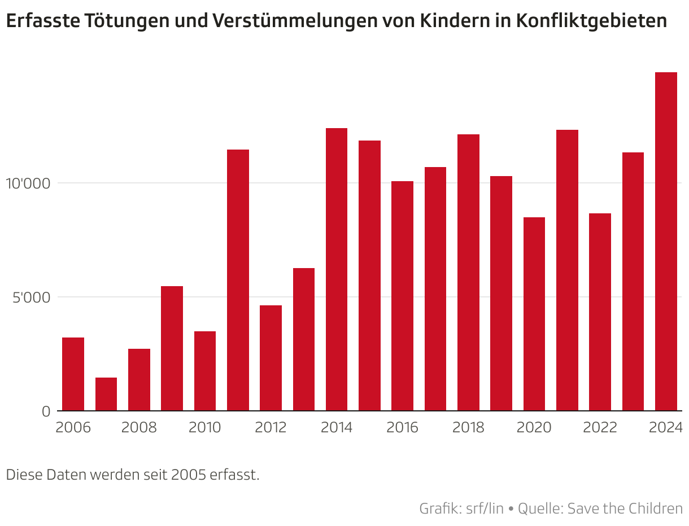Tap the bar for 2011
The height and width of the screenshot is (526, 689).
[238, 280]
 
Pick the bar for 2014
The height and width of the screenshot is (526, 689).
[337, 269]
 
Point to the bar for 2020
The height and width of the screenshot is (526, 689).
[534, 314]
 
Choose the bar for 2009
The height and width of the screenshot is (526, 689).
[172, 348]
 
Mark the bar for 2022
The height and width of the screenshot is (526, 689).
[600, 312]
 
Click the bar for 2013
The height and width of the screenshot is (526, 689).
[304, 339]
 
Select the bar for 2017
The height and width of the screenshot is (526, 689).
[435, 289]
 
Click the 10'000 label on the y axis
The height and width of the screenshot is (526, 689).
[28, 184]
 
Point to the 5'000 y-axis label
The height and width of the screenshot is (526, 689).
[31, 297]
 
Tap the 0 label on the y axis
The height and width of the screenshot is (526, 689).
[46, 411]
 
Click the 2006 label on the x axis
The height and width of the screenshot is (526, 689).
[73, 428]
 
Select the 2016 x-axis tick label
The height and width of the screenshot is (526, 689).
[403, 428]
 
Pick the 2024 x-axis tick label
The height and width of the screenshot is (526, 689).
[666, 428]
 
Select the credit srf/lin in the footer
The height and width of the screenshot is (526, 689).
[485, 509]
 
